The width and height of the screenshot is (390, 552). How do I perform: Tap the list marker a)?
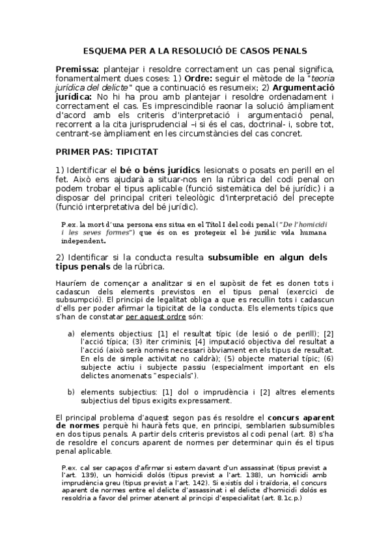pos(71,333)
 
